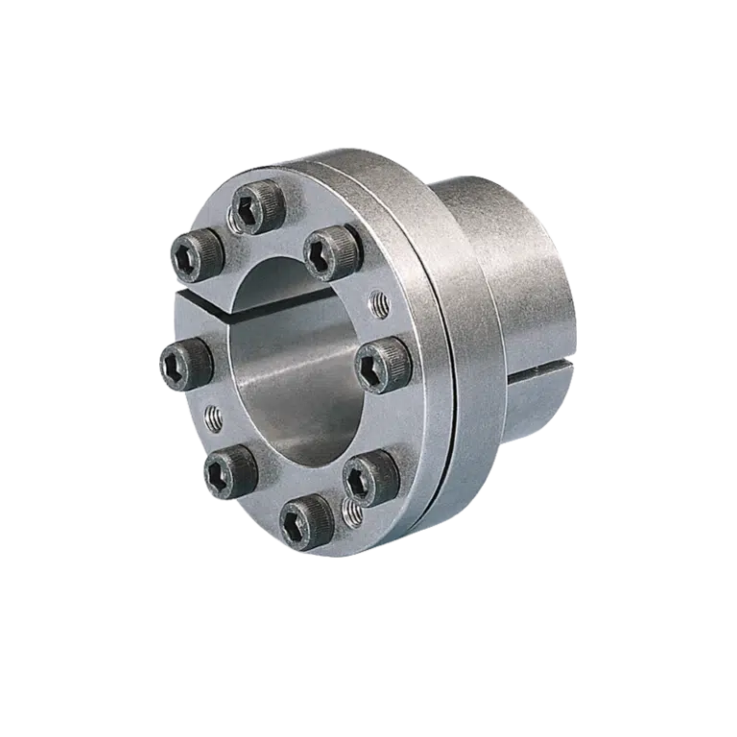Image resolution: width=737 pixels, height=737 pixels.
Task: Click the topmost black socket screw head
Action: coord(256,207)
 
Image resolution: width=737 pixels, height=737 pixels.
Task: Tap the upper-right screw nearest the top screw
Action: coord(331,251)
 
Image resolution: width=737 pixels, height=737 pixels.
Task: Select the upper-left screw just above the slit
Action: coord(197,254)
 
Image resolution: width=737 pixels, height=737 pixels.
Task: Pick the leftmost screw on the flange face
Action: coord(183,366)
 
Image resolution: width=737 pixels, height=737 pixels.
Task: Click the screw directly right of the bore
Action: coord(384,365)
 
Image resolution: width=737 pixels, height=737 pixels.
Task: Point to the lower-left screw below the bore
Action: coord(229,470)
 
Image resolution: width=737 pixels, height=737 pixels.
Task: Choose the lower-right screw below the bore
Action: coord(369,475)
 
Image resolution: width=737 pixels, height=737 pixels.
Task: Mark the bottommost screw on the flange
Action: coord(307,522)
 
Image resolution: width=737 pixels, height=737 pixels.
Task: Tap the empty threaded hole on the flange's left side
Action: coord(213,416)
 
